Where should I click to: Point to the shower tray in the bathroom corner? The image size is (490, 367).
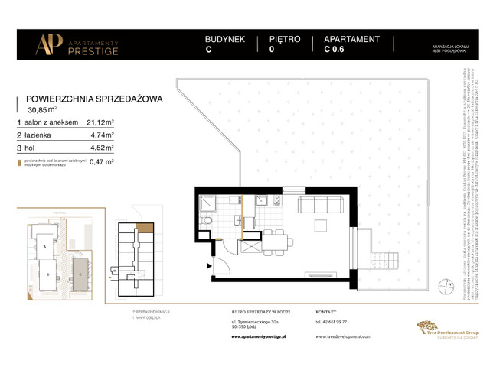207,203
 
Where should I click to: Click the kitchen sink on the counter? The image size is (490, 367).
261,200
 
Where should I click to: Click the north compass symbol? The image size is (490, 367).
447,287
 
